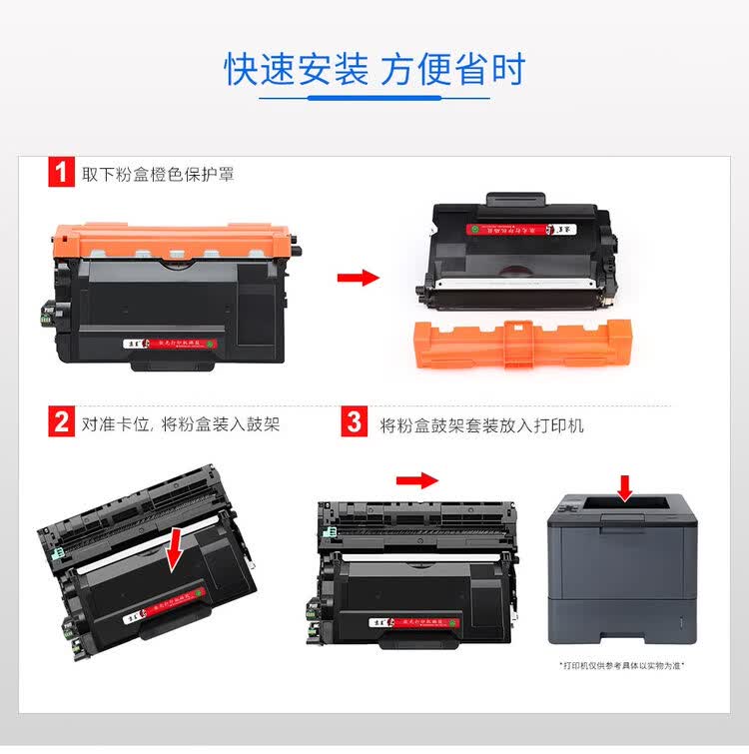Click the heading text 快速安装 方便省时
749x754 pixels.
[374, 70]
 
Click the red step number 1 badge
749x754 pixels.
[61, 173]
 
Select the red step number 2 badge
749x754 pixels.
[61, 422]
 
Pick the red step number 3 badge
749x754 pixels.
[354, 422]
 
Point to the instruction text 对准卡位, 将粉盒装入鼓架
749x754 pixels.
[181, 423]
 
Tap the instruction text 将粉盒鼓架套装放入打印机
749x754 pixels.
[481, 424]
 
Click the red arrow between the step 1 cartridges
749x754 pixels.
[357, 277]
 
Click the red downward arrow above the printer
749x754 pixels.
[625, 487]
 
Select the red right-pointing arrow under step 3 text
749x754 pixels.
[416, 480]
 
